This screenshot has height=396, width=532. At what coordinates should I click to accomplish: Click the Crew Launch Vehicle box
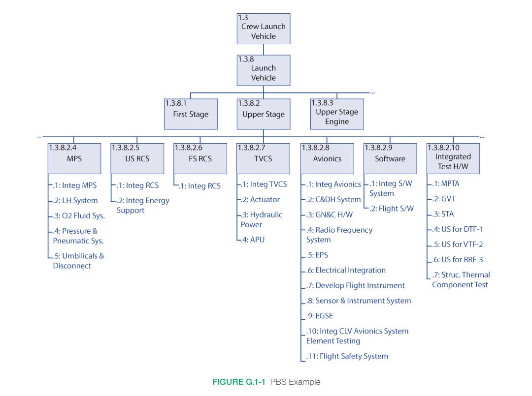coord(264,29)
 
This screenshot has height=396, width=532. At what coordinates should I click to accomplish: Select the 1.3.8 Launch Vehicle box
coord(264,70)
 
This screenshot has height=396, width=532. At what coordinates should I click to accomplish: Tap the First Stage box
coord(191,114)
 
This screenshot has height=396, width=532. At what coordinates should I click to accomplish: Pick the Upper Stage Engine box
coord(337,114)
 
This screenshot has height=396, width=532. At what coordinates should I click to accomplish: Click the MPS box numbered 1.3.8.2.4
coord(74,158)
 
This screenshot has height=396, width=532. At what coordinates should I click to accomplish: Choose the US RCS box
coord(137,158)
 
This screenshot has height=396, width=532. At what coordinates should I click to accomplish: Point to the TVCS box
coord(264,158)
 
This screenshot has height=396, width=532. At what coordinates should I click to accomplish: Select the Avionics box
coord(327,158)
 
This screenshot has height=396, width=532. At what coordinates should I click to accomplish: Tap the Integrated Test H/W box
coord(453,158)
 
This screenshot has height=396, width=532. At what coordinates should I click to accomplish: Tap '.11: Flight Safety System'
coord(347,356)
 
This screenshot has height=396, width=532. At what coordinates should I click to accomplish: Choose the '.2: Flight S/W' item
coord(391,209)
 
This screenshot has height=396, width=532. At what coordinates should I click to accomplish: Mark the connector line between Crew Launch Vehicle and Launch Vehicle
coord(264,50)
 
